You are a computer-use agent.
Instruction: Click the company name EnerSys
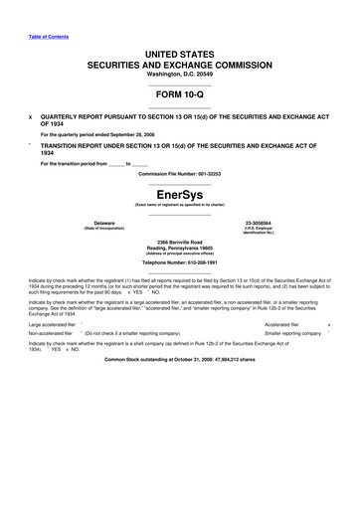coord(180,194)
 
